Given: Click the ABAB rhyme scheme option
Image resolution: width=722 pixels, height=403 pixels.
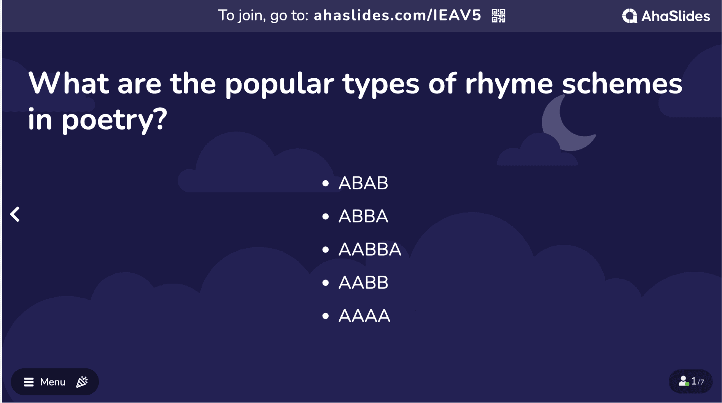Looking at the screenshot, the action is pyautogui.click(x=363, y=183).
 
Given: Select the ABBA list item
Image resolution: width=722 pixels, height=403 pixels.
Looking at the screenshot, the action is pyautogui.click(x=363, y=216).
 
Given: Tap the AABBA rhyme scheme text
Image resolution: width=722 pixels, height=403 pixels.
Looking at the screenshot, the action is pyautogui.click(x=370, y=249).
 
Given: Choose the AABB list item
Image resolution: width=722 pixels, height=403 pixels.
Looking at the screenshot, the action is pyautogui.click(x=363, y=282).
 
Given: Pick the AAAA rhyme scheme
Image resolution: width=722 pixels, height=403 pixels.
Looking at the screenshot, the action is pyautogui.click(x=364, y=316).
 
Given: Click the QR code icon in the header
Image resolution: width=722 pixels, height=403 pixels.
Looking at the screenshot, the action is pyautogui.click(x=498, y=16).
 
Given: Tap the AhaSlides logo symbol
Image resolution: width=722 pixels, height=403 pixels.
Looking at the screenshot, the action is pyautogui.click(x=630, y=16).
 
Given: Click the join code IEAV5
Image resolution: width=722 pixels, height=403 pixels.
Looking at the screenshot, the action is pyautogui.click(x=457, y=16).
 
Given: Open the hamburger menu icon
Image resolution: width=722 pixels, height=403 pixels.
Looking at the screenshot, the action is pyautogui.click(x=29, y=382).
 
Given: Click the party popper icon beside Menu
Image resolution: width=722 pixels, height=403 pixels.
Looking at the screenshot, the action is pyautogui.click(x=82, y=382).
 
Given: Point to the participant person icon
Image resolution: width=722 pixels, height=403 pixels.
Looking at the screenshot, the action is pyautogui.click(x=684, y=381).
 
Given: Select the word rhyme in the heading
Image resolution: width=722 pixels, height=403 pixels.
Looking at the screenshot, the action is pyautogui.click(x=509, y=84).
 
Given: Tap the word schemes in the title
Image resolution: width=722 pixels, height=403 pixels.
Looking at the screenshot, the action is pyautogui.click(x=622, y=83).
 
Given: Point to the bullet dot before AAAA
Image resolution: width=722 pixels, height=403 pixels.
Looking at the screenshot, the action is pyautogui.click(x=325, y=316).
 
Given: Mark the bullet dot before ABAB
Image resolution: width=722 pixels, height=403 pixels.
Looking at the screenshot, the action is pyautogui.click(x=325, y=184).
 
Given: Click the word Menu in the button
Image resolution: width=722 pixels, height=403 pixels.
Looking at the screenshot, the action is pyautogui.click(x=53, y=382).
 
